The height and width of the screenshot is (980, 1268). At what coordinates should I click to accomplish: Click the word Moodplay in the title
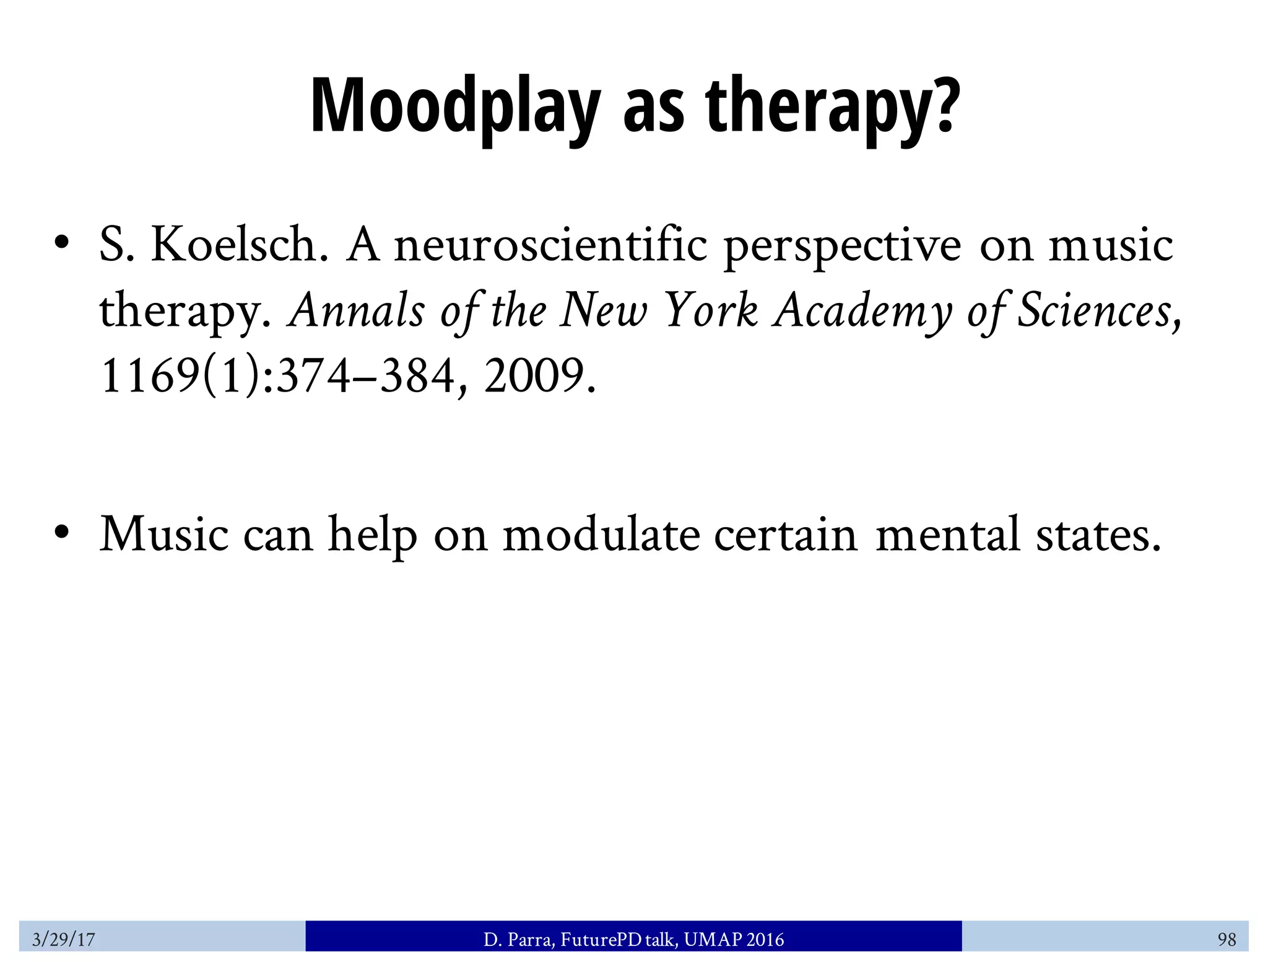[455, 107]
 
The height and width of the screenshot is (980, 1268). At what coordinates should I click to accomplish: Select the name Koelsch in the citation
[240, 245]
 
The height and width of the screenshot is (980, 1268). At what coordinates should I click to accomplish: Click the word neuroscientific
[550, 245]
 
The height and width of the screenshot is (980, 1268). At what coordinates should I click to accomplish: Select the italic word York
[711, 310]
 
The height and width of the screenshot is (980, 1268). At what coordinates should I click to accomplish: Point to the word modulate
[601, 534]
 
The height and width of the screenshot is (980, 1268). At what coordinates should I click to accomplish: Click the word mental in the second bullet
[947, 534]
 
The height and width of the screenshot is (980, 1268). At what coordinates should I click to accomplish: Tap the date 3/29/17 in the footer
[63, 940]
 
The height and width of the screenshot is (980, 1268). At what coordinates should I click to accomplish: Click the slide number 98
[1227, 940]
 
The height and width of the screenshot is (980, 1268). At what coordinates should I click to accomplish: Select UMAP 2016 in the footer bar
[734, 940]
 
